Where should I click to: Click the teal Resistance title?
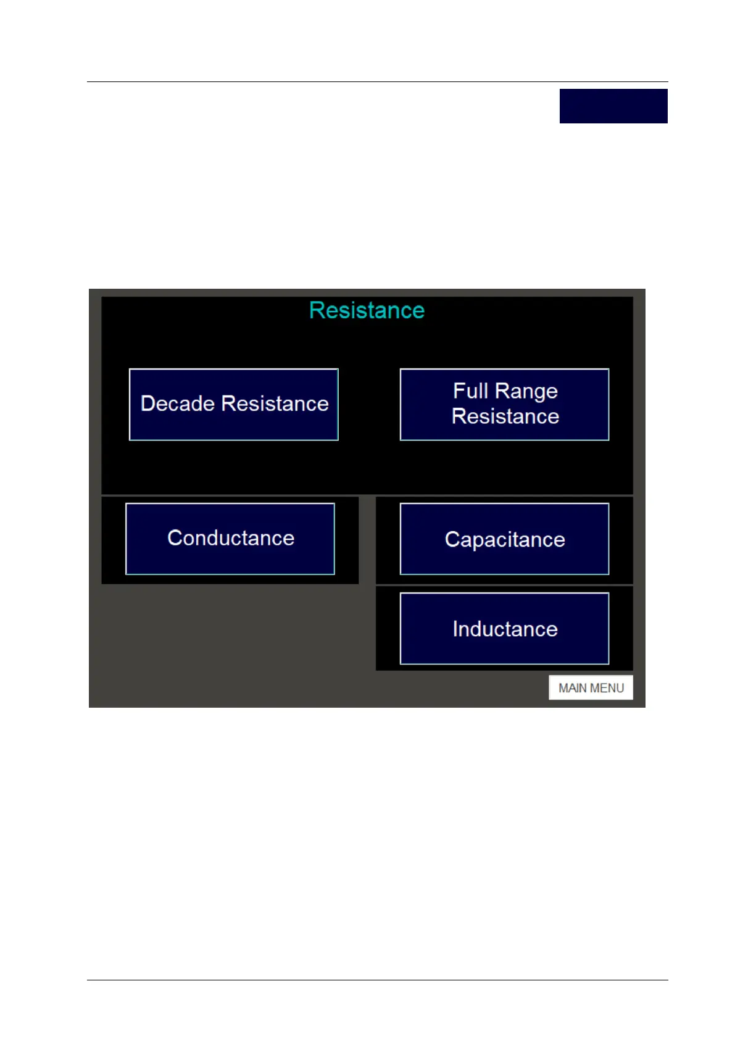tap(367, 310)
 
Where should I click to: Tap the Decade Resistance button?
tap(233, 405)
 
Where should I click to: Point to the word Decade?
tap(177, 404)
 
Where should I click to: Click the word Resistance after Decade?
tap(275, 404)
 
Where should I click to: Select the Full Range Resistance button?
tap(504, 405)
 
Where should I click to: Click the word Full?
tap(470, 391)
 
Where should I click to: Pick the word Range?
tap(526, 391)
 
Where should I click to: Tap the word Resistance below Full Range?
tap(505, 416)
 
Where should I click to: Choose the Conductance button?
tap(230, 539)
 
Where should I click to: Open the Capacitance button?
tap(504, 539)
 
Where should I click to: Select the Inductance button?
tap(504, 629)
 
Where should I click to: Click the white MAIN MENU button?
tap(591, 688)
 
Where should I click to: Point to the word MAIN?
tap(573, 688)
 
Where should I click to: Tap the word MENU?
tap(607, 688)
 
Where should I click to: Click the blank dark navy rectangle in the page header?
tap(613, 106)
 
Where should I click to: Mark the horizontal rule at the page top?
tap(377, 81)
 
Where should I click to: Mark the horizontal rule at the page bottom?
tap(377, 980)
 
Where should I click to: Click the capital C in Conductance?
tap(175, 538)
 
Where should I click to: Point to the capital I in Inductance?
tap(455, 629)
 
